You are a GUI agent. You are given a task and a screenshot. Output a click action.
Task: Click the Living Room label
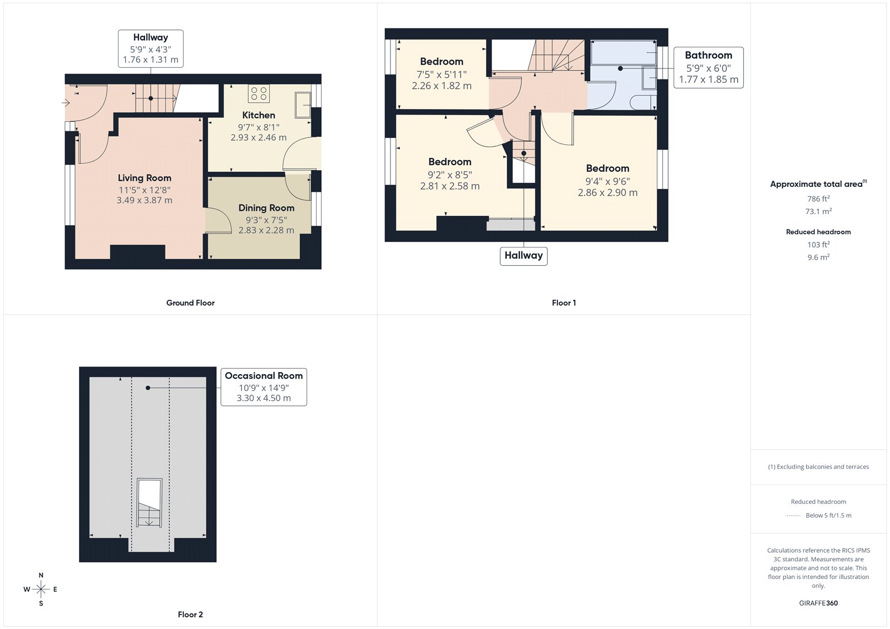point(144,178)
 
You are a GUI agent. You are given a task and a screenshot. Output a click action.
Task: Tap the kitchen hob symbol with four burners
point(259,93)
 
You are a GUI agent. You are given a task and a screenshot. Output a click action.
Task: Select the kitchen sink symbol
point(303,105)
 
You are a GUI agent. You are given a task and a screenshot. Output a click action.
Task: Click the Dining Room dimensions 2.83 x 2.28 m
point(266,230)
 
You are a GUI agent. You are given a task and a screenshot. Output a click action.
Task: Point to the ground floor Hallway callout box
point(150,48)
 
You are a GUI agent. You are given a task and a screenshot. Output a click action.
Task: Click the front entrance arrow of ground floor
point(66,102)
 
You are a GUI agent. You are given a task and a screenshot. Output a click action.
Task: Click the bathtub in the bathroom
point(622,52)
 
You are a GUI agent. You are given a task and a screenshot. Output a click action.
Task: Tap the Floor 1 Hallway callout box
point(523,256)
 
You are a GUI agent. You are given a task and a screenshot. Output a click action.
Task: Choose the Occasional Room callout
point(264,387)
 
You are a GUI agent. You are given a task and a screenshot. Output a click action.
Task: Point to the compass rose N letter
point(41,575)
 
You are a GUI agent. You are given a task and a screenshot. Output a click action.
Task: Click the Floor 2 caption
point(190,615)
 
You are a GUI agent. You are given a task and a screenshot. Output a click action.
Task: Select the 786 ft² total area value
point(818,199)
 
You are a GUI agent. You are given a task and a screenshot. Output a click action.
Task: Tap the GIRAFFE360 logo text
point(818,603)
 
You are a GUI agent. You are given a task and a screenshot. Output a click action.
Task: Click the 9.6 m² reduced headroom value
point(818,257)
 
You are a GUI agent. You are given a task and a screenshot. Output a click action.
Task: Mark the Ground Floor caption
point(190,303)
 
